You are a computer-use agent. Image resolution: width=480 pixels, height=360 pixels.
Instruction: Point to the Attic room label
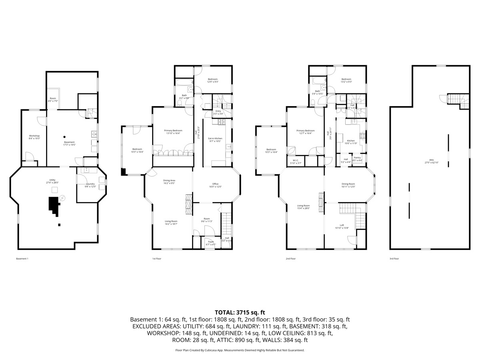coord(429,161)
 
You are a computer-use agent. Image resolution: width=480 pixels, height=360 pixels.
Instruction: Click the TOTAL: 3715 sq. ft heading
coord(240,312)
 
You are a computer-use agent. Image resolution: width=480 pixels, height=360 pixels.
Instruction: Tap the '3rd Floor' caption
coord(394,259)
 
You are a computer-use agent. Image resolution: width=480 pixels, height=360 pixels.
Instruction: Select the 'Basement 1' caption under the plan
coord(22,259)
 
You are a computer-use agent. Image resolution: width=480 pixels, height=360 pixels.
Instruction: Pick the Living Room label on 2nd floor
coord(303,207)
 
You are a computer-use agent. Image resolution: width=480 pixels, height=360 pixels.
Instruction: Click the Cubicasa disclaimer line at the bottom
coord(240,350)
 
